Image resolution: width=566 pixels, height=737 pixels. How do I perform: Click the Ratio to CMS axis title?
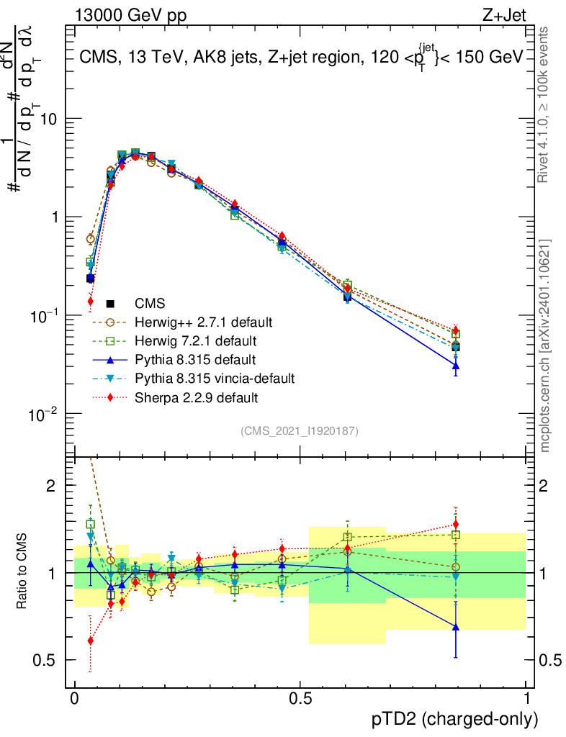click(x=22, y=573)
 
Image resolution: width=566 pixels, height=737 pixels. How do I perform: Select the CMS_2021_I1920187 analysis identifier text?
click(x=300, y=431)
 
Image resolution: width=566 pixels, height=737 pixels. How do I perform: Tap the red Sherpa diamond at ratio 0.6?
click(x=90, y=640)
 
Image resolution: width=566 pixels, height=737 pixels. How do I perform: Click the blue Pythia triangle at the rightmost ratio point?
click(x=455, y=626)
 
